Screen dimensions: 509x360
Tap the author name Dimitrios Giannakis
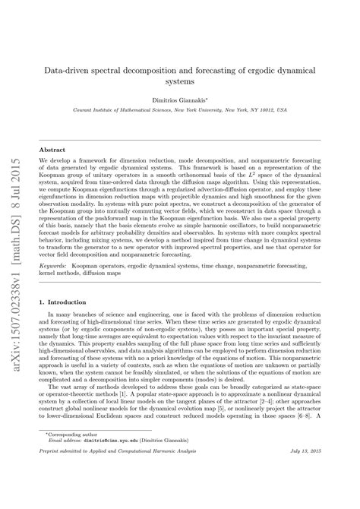(x=196, y=98)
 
